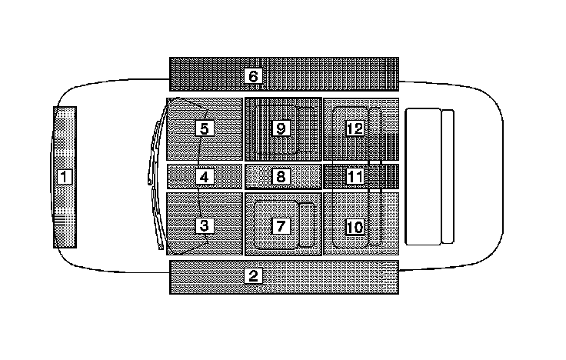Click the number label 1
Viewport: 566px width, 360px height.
tap(65, 177)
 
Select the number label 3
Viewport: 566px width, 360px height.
tap(204, 226)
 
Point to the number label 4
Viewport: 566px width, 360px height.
tap(204, 177)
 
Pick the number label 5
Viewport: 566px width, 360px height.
tap(204, 128)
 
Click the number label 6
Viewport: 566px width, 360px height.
tap(253, 76)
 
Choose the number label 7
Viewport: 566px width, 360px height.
tap(281, 226)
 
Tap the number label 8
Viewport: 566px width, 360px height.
tap(281, 177)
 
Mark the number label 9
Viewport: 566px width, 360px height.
tap(281, 128)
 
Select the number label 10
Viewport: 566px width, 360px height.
tap(355, 227)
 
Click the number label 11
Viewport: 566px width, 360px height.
tap(355, 177)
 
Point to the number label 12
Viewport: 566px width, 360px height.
tap(355, 128)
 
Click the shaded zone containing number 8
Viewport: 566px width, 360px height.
tap(304, 177)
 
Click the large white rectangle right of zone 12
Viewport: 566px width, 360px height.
tap(423, 177)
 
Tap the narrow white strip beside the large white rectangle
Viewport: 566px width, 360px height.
tap(448, 177)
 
